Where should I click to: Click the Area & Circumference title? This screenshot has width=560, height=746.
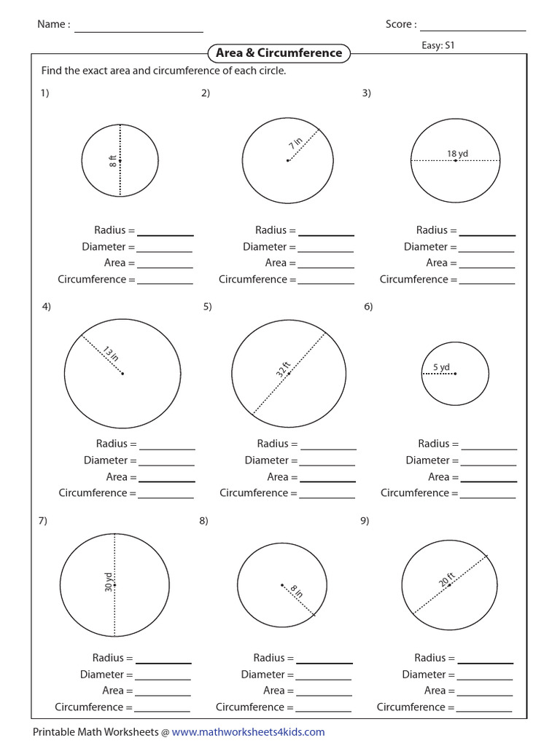pyautogui.click(x=279, y=53)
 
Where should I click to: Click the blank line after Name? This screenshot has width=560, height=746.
pyautogui.click(x=139, y=31)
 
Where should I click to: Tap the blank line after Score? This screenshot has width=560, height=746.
pyautogui.click(x=472, y=30)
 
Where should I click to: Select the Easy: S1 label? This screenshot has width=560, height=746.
pyautogui.click(x=438, y=45)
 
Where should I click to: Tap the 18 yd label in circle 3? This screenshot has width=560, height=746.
pyautogui.click(x=457, y=154)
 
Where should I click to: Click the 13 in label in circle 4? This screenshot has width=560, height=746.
pyautogui.click(x=109, y=354)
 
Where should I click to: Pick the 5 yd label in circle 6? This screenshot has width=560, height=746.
pyautogui.click(x=441, y=367)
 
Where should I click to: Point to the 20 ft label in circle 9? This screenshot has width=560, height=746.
pyautogui.click(x=446, y=578)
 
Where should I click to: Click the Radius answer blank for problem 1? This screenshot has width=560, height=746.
pyautogui.click(x=166, y=235)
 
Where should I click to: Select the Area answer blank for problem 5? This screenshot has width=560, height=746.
pyautogui.click(x=328, y=481)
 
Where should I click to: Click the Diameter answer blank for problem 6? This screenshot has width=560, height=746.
pyautogui.click(x=489, y=464)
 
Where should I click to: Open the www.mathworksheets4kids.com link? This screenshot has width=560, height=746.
pyautogui.click(x=248, y=732)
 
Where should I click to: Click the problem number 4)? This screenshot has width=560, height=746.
pyautogui.click(x=46, y=307)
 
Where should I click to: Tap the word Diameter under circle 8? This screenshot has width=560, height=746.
pyautogui.click(x=265, y=675)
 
